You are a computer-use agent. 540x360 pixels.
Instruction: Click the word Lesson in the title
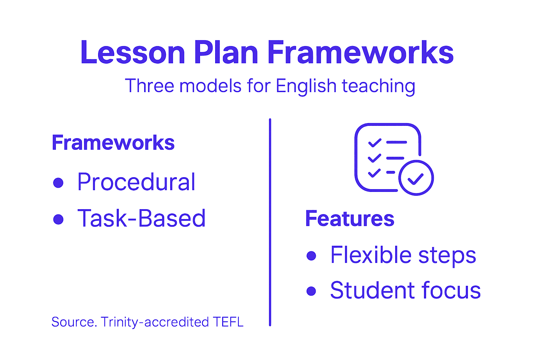click(133, 53)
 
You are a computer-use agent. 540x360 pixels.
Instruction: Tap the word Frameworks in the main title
click(360, 53)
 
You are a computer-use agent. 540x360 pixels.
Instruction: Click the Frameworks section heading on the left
click(113, 143)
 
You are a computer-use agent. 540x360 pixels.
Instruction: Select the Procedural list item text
click(136, 182)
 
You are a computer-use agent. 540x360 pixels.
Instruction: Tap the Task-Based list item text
click(141, 218)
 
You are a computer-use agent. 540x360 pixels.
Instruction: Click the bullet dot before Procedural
click(58, 183)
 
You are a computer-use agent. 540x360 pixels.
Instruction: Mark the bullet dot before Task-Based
click(58, 219)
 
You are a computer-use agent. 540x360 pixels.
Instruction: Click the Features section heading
click(349, 219)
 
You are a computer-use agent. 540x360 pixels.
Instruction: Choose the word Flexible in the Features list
click(371, 255)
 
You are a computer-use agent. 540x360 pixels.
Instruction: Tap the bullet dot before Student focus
click(311, 291)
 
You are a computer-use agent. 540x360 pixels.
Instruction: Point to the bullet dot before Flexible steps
click(311, 255)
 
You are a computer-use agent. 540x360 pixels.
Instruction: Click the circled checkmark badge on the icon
click(416, 178)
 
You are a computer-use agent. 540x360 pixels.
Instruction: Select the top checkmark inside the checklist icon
click(374, 142)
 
